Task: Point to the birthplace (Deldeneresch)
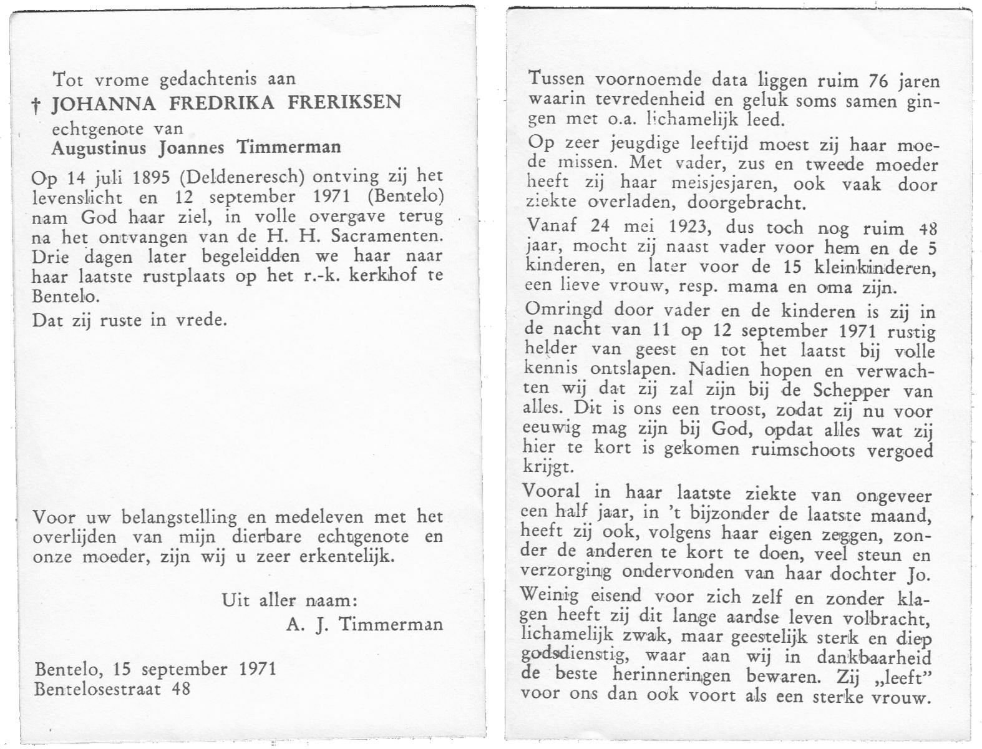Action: (241, 177)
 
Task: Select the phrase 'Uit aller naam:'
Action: (289, 600)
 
